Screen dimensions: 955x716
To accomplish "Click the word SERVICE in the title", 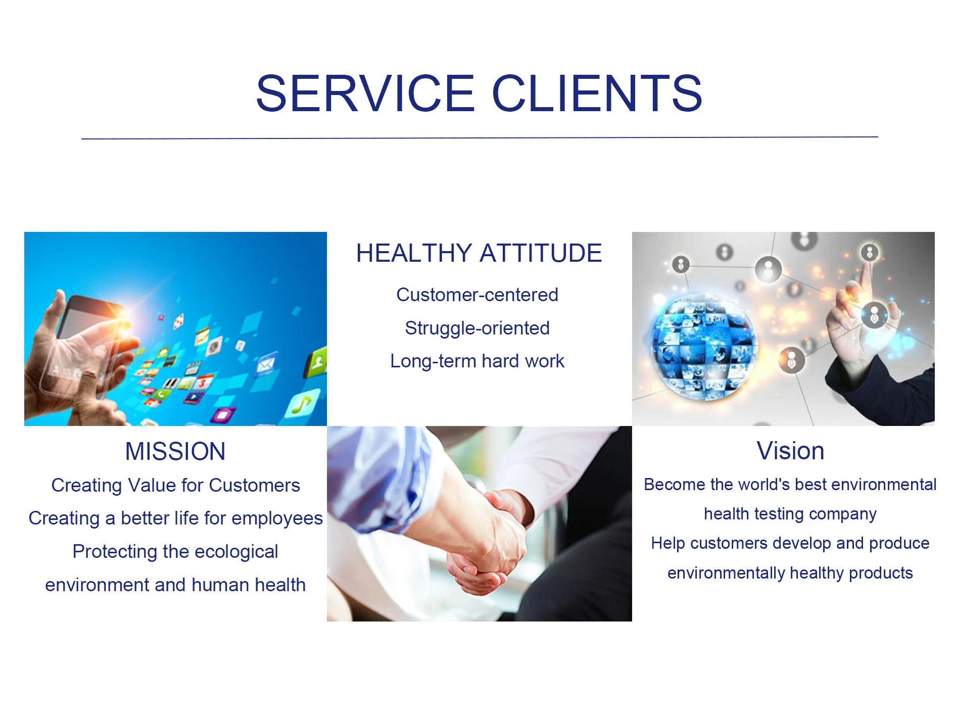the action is pyautogui.click(x=365, y=93).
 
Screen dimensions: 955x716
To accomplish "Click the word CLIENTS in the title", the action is pyautogui.click(x=597, y=93).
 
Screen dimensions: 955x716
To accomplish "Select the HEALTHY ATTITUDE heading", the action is pyautogui.click(x=479, y=253).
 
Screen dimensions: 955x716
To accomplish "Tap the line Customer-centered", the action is pyautogui.click(x=477, y=295).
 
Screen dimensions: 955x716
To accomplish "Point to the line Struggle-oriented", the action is pyautogui.click(x=477, y=328).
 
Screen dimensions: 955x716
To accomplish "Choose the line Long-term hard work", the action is pyautogui.click(x=477, y=361).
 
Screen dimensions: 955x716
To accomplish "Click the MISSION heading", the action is pyautogui.click(x=175, y=451).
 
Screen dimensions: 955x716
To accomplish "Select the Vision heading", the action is pyautogui.click(x=790, y=451).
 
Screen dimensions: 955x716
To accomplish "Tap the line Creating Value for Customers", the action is pyautogui.click(x=175, y=485).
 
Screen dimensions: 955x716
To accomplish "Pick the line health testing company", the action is pyautogui.click(x=790, y=514).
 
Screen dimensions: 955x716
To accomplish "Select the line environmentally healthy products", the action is pyautogui.click(x=790, y=573).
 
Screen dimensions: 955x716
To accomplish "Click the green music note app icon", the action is pyautogui.click(x=303, y=403).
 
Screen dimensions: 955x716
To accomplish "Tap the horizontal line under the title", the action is pyautogui.click(x=480, y=137).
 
